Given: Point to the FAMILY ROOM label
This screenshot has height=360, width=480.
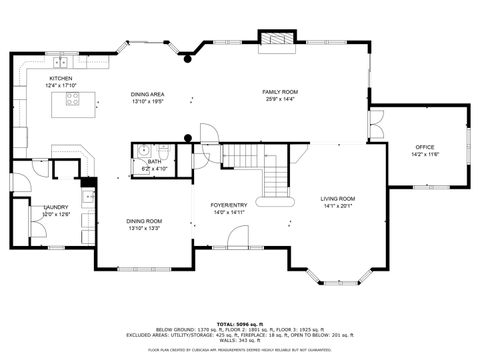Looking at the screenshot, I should (x=280, y=91).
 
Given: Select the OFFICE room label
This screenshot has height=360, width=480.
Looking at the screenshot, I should (x=425, y=147).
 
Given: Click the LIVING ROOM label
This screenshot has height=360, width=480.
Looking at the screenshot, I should (x=338, y=199).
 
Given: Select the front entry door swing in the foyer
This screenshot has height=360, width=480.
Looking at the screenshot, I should (x=238, y=236).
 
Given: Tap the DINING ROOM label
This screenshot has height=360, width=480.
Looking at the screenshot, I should (x=144, y=221).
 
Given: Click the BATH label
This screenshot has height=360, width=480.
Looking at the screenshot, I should (x=155, y=161).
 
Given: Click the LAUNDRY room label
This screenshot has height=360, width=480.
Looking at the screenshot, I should (x=55, y=207).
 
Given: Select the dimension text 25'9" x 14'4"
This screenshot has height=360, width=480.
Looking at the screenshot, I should (x=280, y=98).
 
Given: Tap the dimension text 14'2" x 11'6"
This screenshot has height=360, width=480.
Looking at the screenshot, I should (x=425, y=155).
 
